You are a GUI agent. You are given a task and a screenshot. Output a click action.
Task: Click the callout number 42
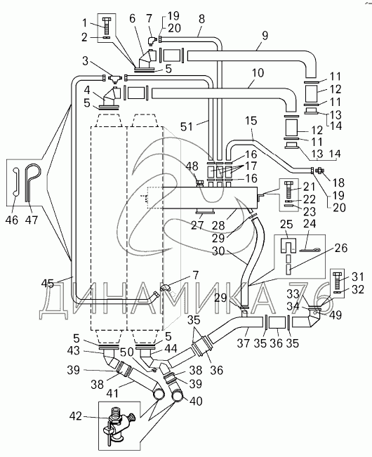coord(76,417)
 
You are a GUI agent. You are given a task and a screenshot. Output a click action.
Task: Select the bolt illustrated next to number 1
coord(107,27)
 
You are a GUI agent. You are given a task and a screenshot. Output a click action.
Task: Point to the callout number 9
coord(265,36)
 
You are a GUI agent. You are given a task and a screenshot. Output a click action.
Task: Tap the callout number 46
coord(12,220)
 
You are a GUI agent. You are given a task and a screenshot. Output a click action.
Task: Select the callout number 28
coord(219,225)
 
